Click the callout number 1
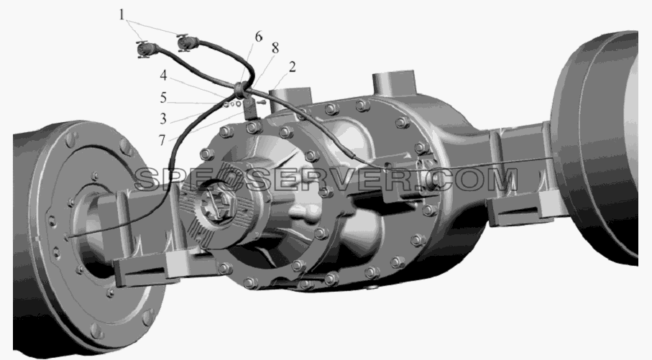click(121, 15)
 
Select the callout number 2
click(293, 67)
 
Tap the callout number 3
click(163, 119)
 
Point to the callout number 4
click(163, 75)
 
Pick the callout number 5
click(163, 98)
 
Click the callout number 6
click(259, 37)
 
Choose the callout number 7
click(162, 140)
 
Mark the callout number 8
click(275, 48)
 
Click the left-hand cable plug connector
click(146, 50)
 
